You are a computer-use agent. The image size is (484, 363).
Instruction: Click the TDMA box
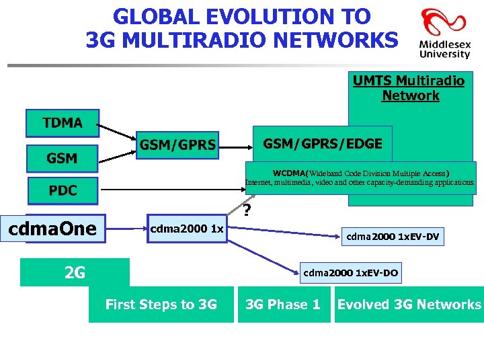tap(63, 123)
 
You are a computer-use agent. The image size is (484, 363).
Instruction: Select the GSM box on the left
tap(63, 159)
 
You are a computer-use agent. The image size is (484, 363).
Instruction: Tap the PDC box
tap(63, 191)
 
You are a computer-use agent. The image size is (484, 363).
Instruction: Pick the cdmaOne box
tap(53, 229)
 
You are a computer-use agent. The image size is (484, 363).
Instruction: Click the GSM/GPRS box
tap(178, 145)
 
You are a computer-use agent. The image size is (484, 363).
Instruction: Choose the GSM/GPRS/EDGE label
tap(323, 143)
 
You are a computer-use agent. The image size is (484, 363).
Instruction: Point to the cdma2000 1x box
tap(187, 229)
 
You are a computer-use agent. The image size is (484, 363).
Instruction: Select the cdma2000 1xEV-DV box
tap(393, 237)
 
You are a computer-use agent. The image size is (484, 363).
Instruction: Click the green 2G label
tap(75, 272)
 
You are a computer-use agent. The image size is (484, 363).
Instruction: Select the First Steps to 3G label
tap(161, 305)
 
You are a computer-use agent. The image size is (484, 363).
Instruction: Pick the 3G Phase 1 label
tap(283, 305)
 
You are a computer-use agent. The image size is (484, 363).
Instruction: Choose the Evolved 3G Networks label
tap(409, 305)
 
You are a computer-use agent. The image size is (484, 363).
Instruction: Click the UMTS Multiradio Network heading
tap(409, 88)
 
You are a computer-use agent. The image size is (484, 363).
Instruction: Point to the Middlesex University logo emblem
tap(436, 24)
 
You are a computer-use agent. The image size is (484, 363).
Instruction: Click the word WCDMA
tap(288, 172)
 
